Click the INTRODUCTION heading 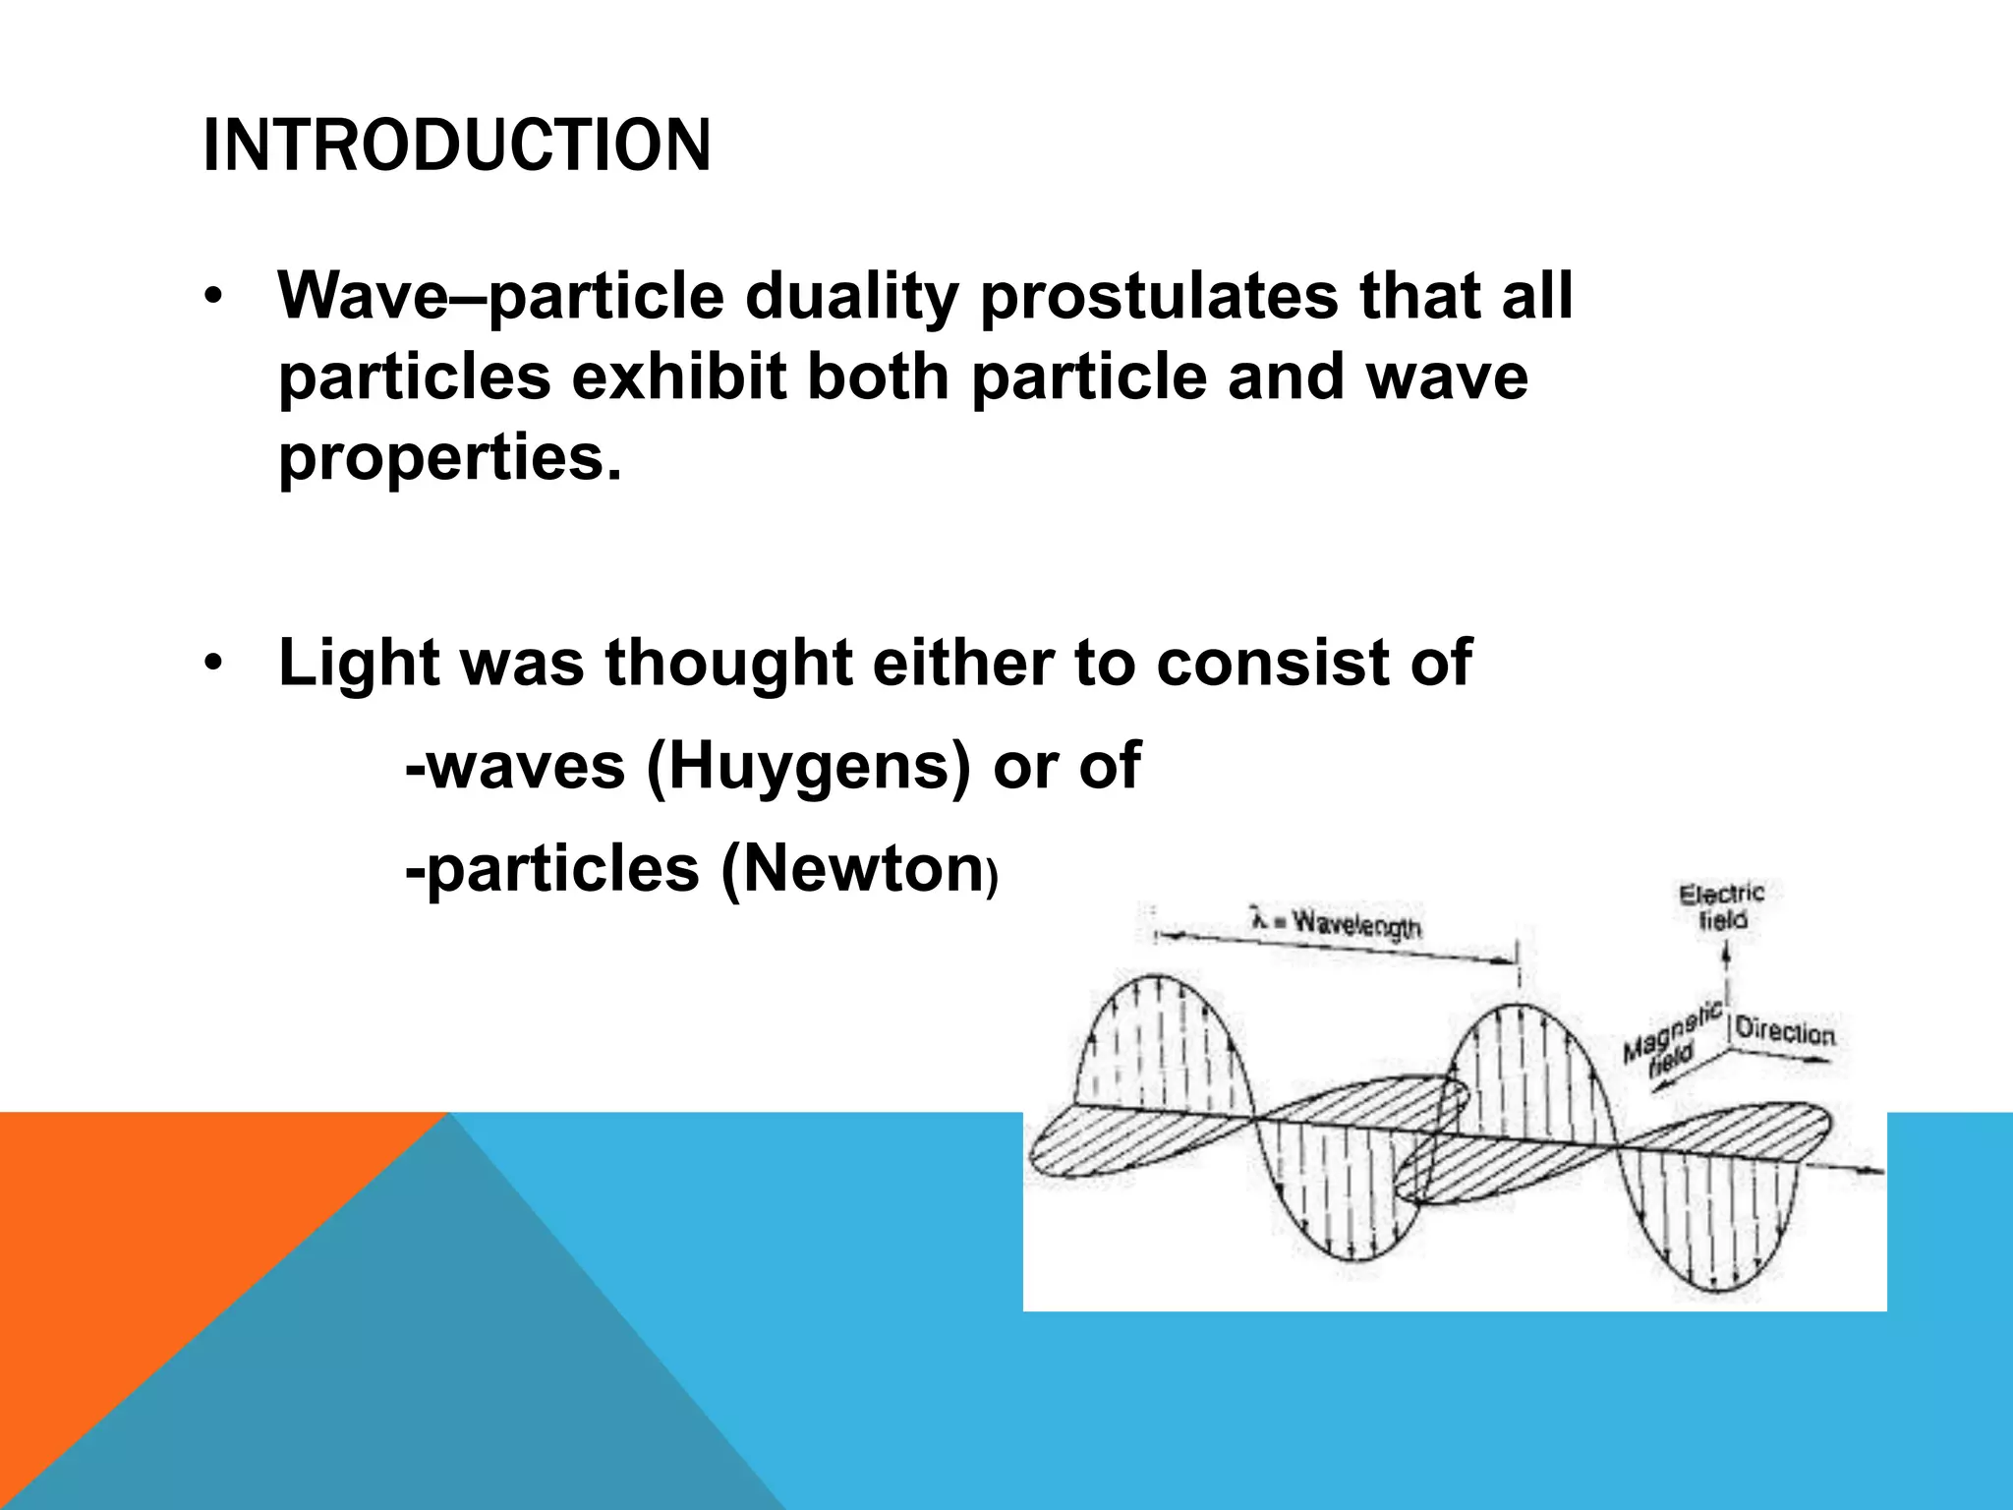click(x=456, y=145)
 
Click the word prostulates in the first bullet click(x=1158, y=296)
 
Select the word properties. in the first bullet click(x=450, y=458)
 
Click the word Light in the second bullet click(x=359, y=663)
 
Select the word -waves click(x=515, y=766)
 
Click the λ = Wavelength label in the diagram click(x=1337, y=923)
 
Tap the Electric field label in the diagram click(x=1721, y=906)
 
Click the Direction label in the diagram click(x=1784, y=1031)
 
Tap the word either click(x=963, y=663)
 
